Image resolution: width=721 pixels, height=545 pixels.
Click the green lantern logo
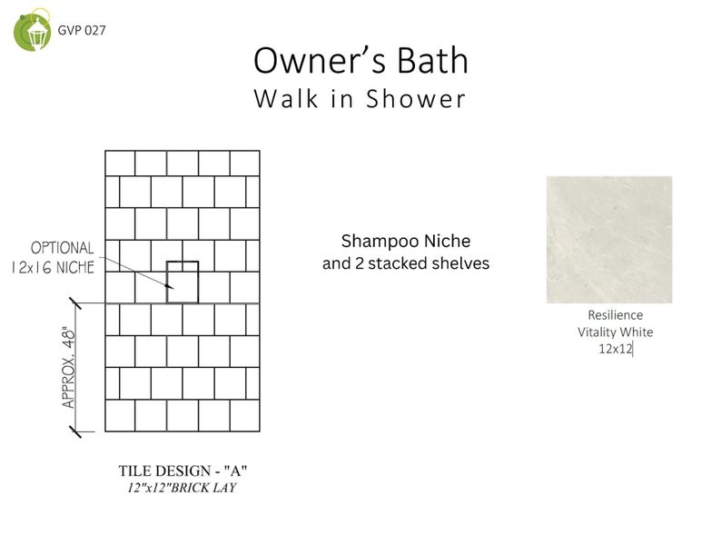(32, 30)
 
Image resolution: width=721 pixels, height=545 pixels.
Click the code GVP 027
(82, 30)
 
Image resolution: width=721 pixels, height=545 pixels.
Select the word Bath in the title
(433, 60)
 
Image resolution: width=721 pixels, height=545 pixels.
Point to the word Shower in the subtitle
(416, 99)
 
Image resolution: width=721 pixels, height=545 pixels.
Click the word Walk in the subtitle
(286, 99)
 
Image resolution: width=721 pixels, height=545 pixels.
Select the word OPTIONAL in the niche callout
(62, 248)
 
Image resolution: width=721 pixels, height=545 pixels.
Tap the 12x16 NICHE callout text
(53, 268)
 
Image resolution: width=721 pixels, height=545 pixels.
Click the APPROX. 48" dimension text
(68, 367)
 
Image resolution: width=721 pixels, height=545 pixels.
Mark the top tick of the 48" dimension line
(75, 303)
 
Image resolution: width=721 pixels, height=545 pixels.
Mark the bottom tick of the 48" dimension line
(75, 431)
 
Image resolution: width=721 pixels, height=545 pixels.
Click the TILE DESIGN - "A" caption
(183, 471)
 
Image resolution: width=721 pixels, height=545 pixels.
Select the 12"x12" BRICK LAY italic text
(183, 488)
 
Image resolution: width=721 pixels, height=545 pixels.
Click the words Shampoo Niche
(406, 242)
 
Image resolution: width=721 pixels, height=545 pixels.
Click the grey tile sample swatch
(609, 240)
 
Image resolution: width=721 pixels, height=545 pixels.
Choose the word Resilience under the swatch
(616, 315)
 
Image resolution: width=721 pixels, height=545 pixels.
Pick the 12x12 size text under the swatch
(616, 349)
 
